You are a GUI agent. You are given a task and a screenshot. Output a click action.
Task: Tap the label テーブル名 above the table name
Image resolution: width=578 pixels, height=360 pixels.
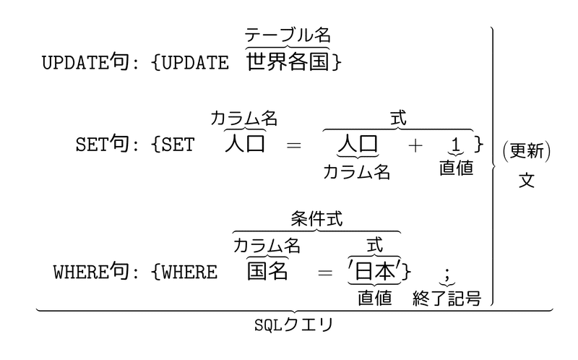288,34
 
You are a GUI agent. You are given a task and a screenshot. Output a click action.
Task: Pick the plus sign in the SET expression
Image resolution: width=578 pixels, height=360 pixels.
414,145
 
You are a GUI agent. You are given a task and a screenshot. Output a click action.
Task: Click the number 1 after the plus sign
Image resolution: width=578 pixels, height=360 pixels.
455,145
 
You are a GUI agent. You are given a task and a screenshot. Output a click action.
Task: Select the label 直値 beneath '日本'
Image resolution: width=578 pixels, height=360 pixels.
374,298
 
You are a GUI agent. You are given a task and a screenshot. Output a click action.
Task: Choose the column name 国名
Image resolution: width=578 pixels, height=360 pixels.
267,271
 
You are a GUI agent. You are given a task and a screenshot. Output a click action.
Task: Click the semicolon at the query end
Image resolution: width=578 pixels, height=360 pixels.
447,273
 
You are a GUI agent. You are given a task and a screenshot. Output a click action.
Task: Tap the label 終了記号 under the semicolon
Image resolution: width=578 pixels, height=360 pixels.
447,298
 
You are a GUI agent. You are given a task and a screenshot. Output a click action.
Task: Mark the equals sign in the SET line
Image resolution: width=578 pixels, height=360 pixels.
293,145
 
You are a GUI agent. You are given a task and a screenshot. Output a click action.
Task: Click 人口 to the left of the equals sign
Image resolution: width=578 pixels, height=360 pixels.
244,143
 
